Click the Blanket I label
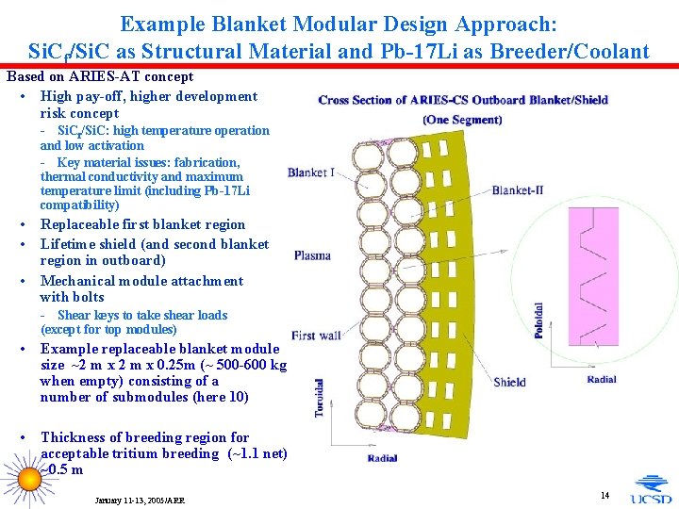coord(310,172)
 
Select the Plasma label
coord(312,255)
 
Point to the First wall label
coord(316,336)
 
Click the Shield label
coord(509,382)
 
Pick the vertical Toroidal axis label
coord(321,398)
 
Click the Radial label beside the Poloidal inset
coord(601,379)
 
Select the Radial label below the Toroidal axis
coord(382,459)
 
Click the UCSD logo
coord(652,489)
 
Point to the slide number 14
coord(604,495)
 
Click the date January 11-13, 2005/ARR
coord(140,500)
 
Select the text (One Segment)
coord(462,120)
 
